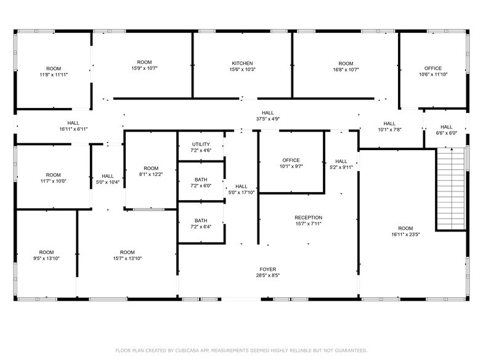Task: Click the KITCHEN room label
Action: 242,63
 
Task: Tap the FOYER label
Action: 267,270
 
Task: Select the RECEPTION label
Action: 308,217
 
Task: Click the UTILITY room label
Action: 201,144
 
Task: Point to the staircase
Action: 451,189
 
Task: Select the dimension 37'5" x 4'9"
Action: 267,119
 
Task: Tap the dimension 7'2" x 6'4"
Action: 201,227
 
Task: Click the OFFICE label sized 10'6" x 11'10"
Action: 433,68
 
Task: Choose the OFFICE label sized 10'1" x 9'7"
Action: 291,160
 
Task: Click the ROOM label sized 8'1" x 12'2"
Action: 151,168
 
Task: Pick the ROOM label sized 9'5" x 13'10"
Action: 46,252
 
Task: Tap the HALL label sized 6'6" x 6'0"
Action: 446,127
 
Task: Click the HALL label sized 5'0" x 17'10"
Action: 241,186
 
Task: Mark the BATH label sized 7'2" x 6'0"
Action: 201,179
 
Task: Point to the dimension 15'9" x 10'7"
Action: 144,69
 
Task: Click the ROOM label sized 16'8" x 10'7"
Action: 346,63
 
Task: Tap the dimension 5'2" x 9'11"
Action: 341,167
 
